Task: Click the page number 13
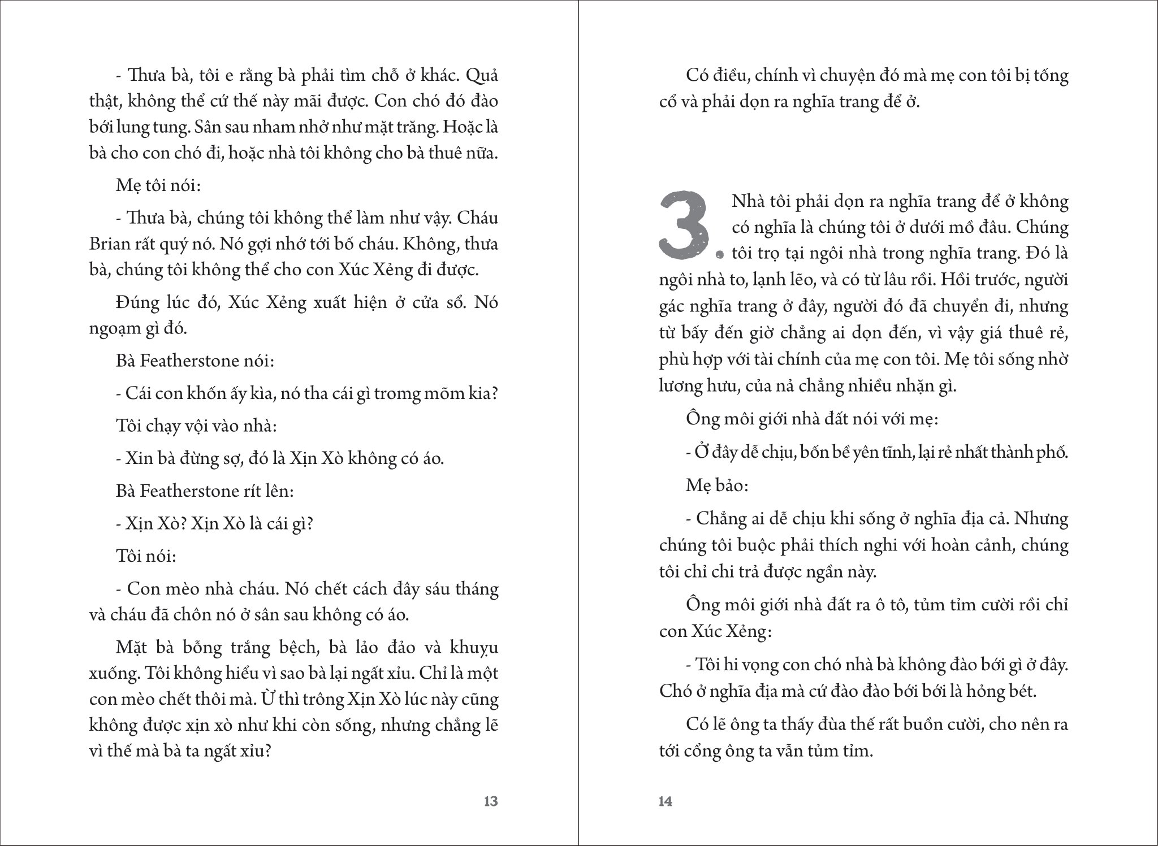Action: (x=491, y=801)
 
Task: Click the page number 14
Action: (x=666, y=801)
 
